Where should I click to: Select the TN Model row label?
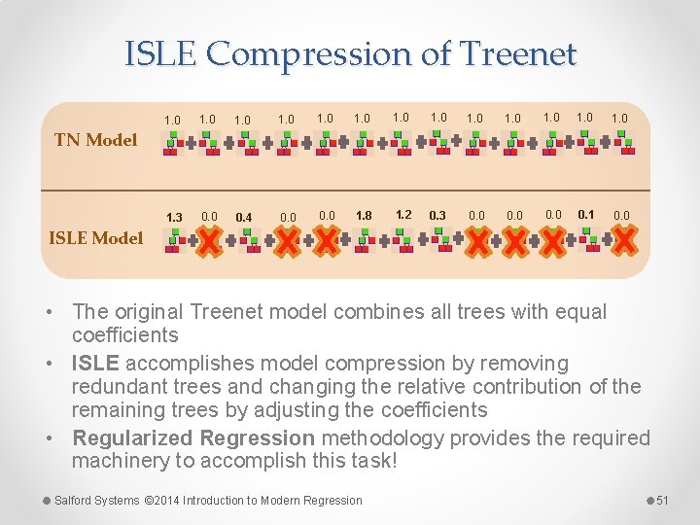pos(95,139)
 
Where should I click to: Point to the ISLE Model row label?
pos(95,237)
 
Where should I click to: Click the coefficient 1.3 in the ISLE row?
pos(174,216)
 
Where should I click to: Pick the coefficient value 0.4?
pos(244,216)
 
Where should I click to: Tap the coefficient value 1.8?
pos(364,215)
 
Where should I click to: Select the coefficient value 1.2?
pos(403,214)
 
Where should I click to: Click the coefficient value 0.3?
pos(437,215)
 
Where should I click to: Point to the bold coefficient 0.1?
pos(585,214)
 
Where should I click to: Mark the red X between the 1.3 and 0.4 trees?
pos(209,240)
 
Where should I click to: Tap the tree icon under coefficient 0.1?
pos(588,239)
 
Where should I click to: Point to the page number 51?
pos(663,500)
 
